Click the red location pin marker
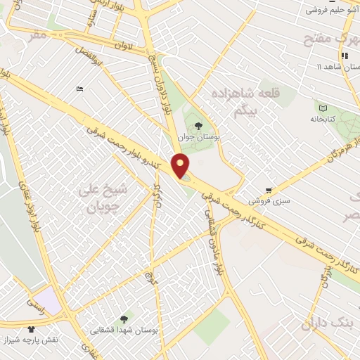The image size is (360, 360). click(181, 165)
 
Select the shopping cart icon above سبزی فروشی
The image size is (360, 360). click(269, 191)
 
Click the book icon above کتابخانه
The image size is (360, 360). click(323, 108)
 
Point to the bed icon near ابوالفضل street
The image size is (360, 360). click(79, 89)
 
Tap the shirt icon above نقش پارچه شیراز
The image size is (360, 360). click(31, 328)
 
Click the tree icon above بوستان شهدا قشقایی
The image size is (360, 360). click(124, 319)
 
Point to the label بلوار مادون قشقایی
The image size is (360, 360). click(212, 231)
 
